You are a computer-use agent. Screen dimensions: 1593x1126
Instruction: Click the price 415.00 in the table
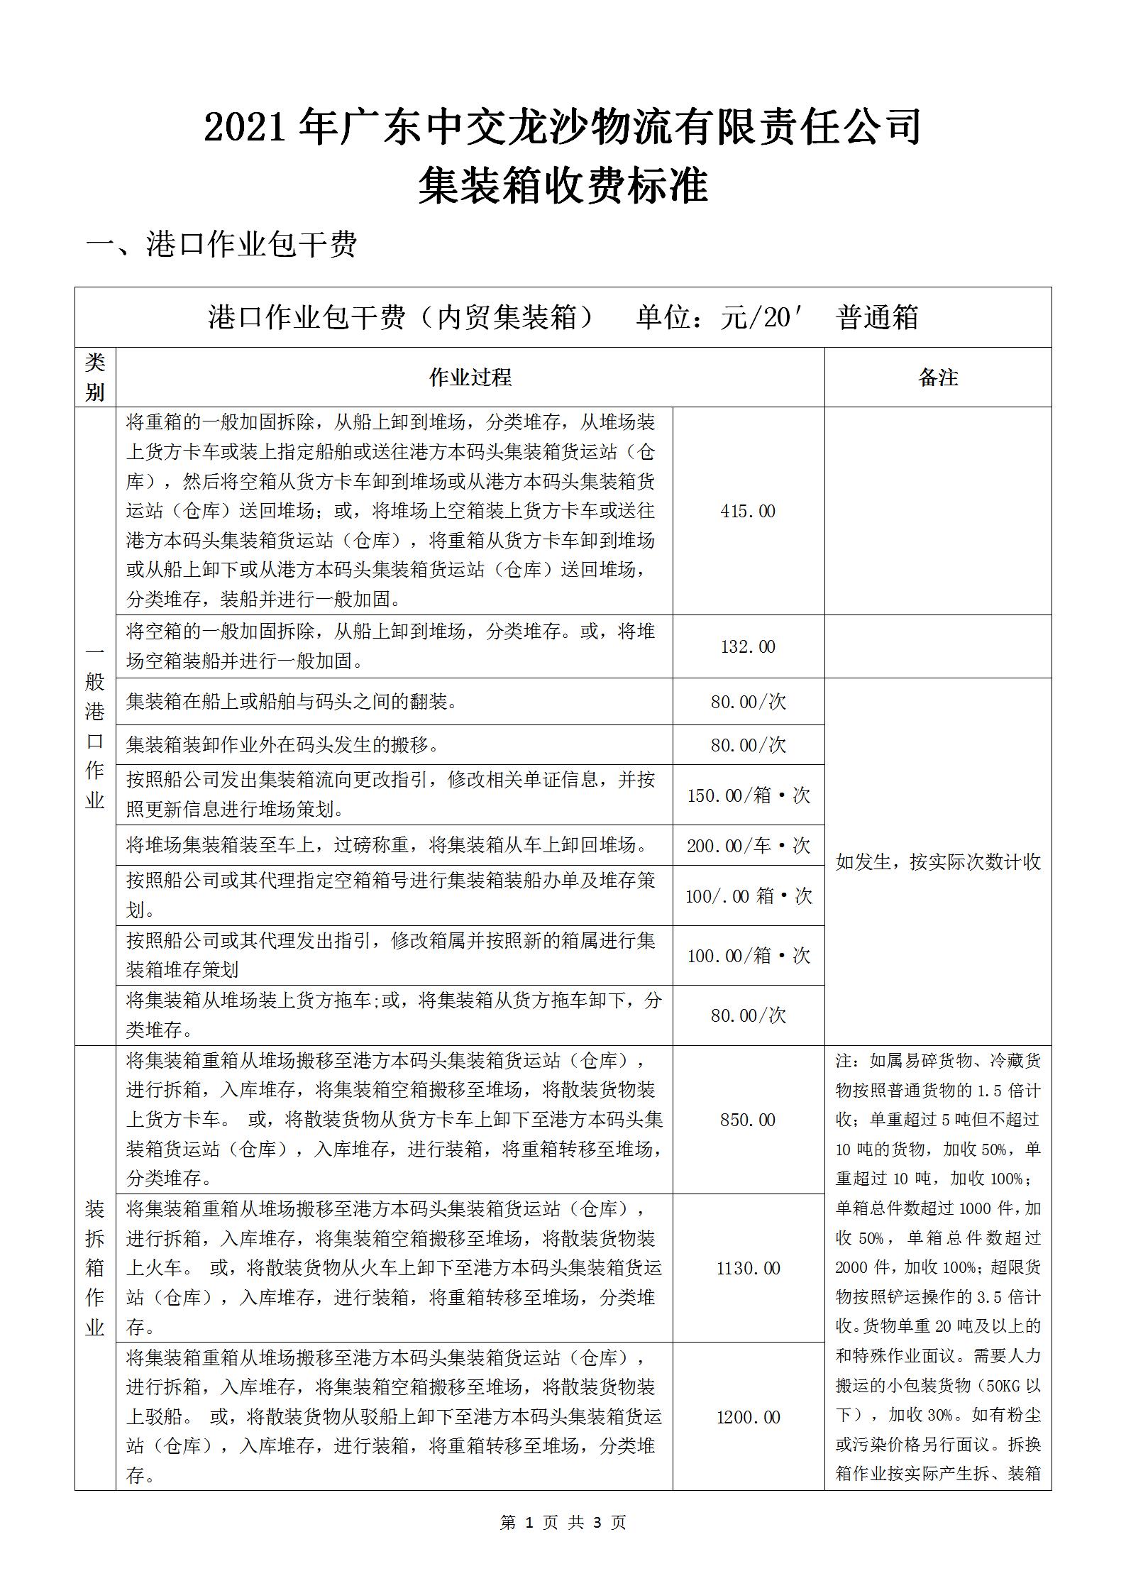pyautogui.click(x=748, y=511)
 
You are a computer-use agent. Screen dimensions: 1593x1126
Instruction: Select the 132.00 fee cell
pyautogui.click(x=748, y=646)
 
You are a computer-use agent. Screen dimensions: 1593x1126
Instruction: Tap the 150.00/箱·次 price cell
pyautogui.click(x=749, y=795)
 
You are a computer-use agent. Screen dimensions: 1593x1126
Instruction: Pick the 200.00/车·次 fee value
pyautogui.click(x=749, y=845)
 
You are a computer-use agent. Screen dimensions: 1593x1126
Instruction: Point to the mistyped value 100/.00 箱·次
pyautogui.click(x=749, y=895)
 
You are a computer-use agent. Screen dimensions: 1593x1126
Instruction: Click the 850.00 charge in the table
pyautogui.click(x=748, y=1120)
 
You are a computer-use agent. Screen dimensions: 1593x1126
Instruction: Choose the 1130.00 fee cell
pyautogui.click(x=748, y=1268)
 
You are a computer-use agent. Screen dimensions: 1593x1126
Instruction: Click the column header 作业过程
pyautogui.click(x=470, y=377)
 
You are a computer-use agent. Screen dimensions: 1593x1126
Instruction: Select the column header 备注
pyautogui.click(x=938, y=377)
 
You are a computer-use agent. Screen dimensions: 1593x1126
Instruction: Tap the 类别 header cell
pyautogui.click(x=95, y=377)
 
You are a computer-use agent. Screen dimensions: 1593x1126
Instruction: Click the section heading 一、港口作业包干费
pyautogui.click(x=221, y=244)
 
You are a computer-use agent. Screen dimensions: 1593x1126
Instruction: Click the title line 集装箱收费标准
pyautogui.click(x=563, y=186)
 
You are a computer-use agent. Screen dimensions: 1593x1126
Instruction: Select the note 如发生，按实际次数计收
pyautogui.click(x=938, y=862)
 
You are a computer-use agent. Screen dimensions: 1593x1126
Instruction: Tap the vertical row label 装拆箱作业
pyautogui.click(x=95, y=1268)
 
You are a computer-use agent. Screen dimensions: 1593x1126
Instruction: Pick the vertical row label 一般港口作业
pyautogui.click(x=95, y=726)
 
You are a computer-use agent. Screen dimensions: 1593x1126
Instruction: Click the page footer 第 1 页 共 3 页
pyautogui.click(x=563, y=1521)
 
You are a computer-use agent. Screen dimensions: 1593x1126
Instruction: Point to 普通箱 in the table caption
pyautogui.click(x=878, y=317)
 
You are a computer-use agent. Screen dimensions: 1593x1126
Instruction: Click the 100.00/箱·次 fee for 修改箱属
pyautogui.click(x=749, y=955)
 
